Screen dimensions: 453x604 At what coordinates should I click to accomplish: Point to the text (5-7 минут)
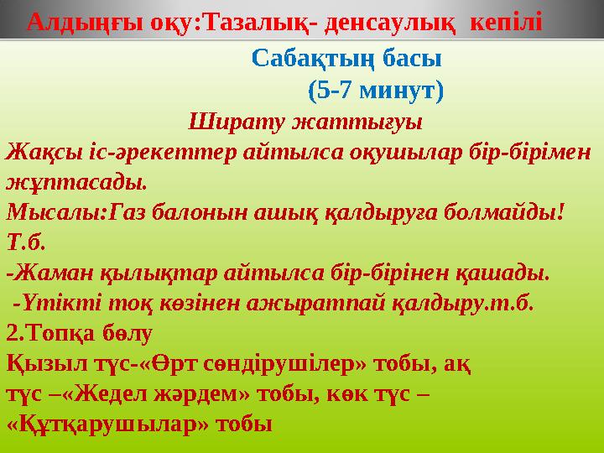point(376,89)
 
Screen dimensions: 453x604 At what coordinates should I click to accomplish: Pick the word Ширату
point(226,120)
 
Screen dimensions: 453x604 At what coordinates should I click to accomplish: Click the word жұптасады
point(76,181)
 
